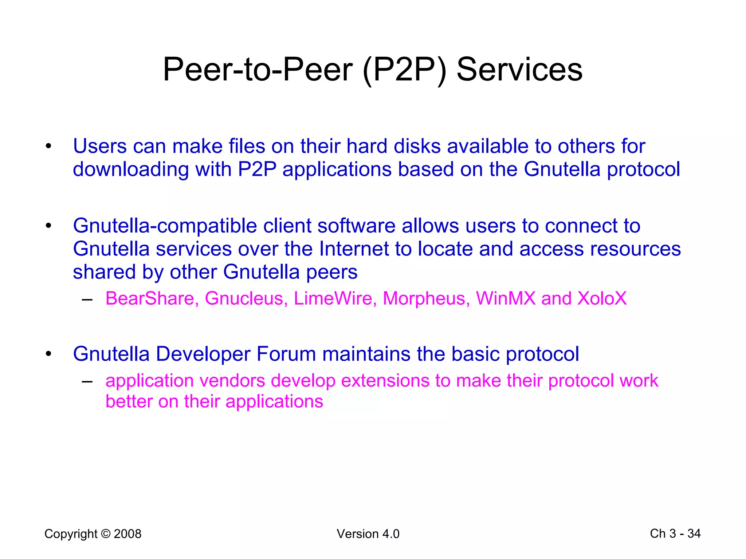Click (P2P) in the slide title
pos(404,70)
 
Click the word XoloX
pos(602,298)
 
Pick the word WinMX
pos(506,298)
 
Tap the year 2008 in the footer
pos(127,534)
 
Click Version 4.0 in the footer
pos(368,534)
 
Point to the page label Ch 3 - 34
pos(675,534)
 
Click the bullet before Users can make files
pos(48,147)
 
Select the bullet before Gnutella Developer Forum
pos(48,354)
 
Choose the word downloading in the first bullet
pos(131,170)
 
